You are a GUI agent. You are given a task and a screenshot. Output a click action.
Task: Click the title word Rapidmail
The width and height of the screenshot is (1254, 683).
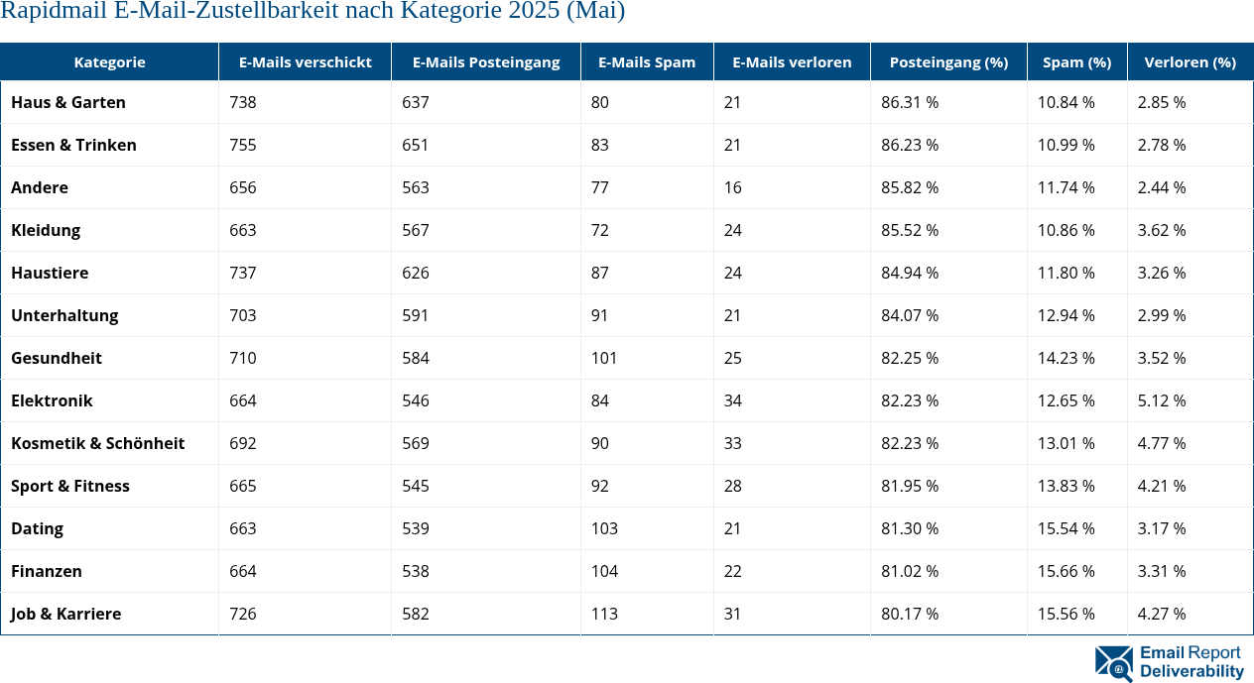tap(50, 12)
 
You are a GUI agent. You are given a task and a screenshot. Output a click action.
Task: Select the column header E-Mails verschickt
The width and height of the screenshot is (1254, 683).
tap(305, 61)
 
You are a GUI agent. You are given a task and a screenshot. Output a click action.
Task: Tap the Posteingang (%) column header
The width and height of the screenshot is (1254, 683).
tap(947, 61)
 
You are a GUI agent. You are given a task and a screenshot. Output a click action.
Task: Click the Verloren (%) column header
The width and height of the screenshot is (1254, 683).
tap(1190, 61)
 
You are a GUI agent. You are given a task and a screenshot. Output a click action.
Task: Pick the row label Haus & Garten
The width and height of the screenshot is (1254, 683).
tap(68, 102)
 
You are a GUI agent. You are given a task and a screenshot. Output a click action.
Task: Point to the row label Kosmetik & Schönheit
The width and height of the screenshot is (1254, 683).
tap(97, 443)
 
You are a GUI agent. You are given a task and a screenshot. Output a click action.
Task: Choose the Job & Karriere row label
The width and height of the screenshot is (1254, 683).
tap(66, 614)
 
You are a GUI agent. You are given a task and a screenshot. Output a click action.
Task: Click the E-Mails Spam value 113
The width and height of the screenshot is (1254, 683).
tap(604, 614)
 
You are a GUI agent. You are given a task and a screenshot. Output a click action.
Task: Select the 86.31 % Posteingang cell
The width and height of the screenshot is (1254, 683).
tap(910, 102)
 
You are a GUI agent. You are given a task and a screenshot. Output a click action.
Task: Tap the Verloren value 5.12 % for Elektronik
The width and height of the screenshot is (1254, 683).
tap(1162, 400)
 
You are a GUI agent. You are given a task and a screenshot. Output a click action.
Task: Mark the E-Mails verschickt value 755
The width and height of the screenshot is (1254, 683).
tap(243, 145)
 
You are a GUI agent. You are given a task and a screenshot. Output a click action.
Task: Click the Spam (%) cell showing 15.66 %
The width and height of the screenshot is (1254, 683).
tap(1066, 571)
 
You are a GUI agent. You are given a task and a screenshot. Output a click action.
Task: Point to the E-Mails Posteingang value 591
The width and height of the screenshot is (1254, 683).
tap(416, 315)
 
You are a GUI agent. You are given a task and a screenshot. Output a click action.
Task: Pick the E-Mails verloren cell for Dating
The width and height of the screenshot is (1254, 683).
tap(732, 528)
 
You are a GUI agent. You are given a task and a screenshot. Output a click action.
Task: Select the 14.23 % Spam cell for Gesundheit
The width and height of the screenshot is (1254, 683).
tap(1066, 358)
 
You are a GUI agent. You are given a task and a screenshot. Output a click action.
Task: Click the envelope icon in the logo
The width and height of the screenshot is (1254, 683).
tap(1113, 663)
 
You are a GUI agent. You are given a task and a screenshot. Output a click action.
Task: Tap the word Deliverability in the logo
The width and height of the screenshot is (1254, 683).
tap(1191, 671)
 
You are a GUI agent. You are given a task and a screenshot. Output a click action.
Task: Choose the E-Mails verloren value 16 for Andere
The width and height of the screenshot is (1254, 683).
tap(732, 187)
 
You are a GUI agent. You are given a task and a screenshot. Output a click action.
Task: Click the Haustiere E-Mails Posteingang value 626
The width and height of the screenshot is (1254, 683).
tap(416, 273)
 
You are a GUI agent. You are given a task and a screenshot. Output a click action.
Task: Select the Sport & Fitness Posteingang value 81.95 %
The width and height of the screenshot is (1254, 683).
tap(910, 486)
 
